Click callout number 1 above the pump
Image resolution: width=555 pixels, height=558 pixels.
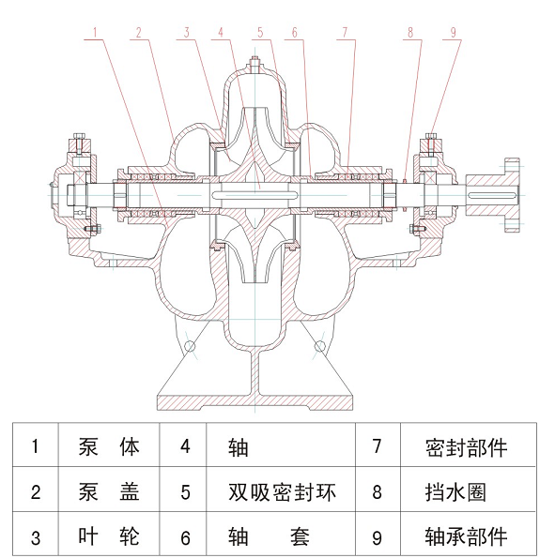(x=95, y=33)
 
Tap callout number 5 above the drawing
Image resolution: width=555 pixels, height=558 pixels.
(x=260, y=33)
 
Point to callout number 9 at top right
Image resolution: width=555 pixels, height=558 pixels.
(x=453, y=33)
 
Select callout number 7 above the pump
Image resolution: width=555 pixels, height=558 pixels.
(x=345, y=33)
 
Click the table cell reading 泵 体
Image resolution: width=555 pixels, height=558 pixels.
(x=109, y=445)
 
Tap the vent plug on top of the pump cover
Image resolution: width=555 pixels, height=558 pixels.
(x=254, y=65)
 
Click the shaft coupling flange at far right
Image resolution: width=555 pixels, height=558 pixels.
(x=512, y=195)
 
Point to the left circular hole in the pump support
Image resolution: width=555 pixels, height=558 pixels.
(x=191, y=346)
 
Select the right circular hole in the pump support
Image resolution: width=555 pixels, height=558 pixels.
(x=319, y=346)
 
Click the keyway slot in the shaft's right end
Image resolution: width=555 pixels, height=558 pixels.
(x=492, y=195)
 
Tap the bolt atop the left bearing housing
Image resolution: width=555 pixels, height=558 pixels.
(x=79, y=143)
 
